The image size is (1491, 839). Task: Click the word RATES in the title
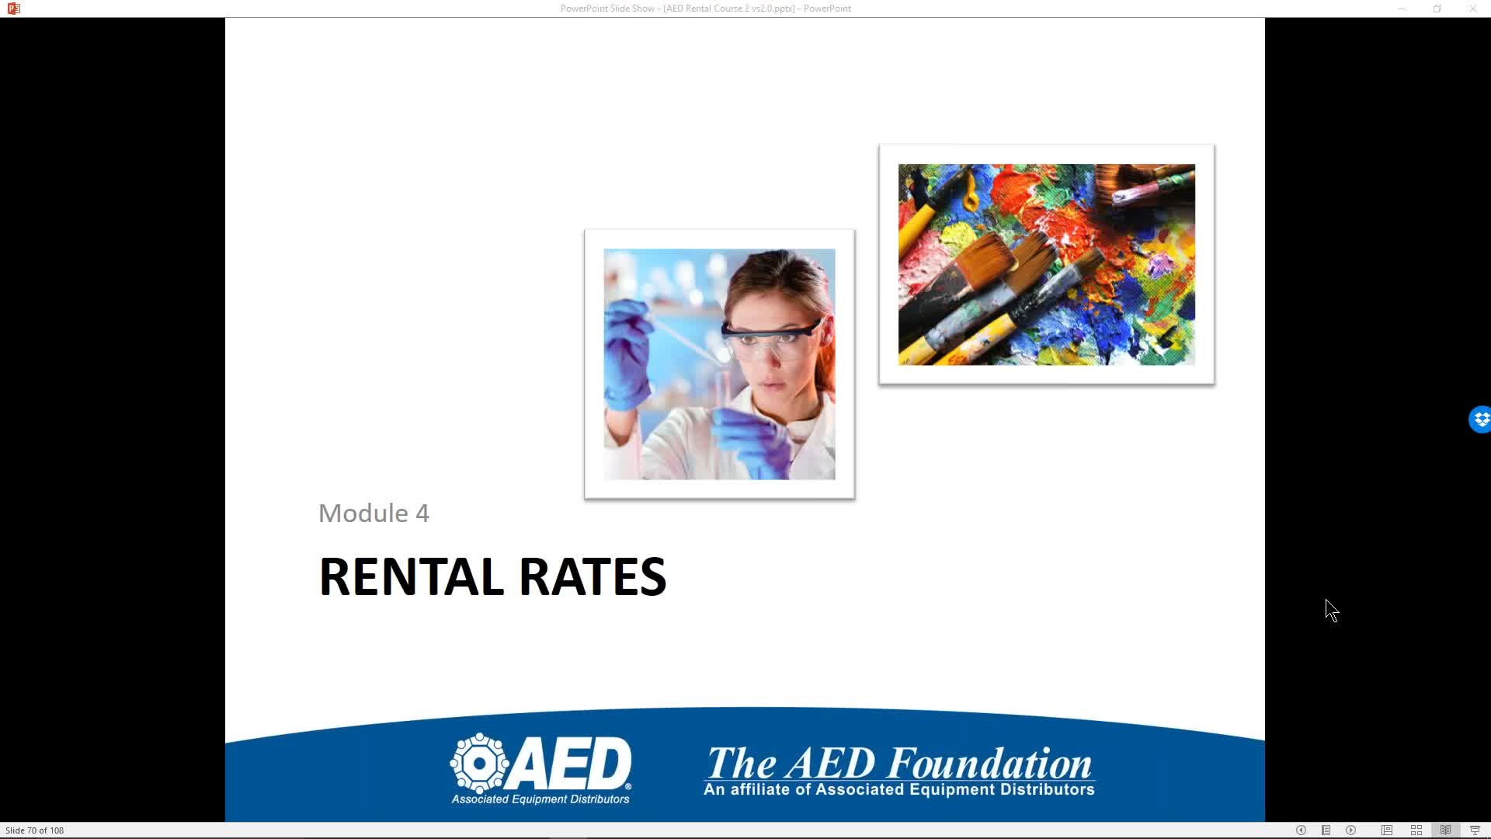click(593, 576)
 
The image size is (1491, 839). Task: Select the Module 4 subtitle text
click(374, 513)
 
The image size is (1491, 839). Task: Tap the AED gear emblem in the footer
click(480, 763)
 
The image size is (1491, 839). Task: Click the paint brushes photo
click(1047, 264)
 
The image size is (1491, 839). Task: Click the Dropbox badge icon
click(1481, 419)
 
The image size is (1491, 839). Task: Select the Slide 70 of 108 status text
click(35, 830)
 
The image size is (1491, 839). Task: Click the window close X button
click(1472, 9)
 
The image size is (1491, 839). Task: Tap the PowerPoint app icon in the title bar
click(13, 9)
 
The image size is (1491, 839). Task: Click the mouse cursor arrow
click(1332, 611)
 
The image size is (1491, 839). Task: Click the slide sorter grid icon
click(1416, 830)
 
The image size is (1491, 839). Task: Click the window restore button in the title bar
click(1437, 9)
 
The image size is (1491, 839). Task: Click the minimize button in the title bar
click(1402, 9)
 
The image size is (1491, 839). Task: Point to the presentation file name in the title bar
click(729, 9)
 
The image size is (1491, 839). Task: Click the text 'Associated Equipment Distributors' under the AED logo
click(540, 799)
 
